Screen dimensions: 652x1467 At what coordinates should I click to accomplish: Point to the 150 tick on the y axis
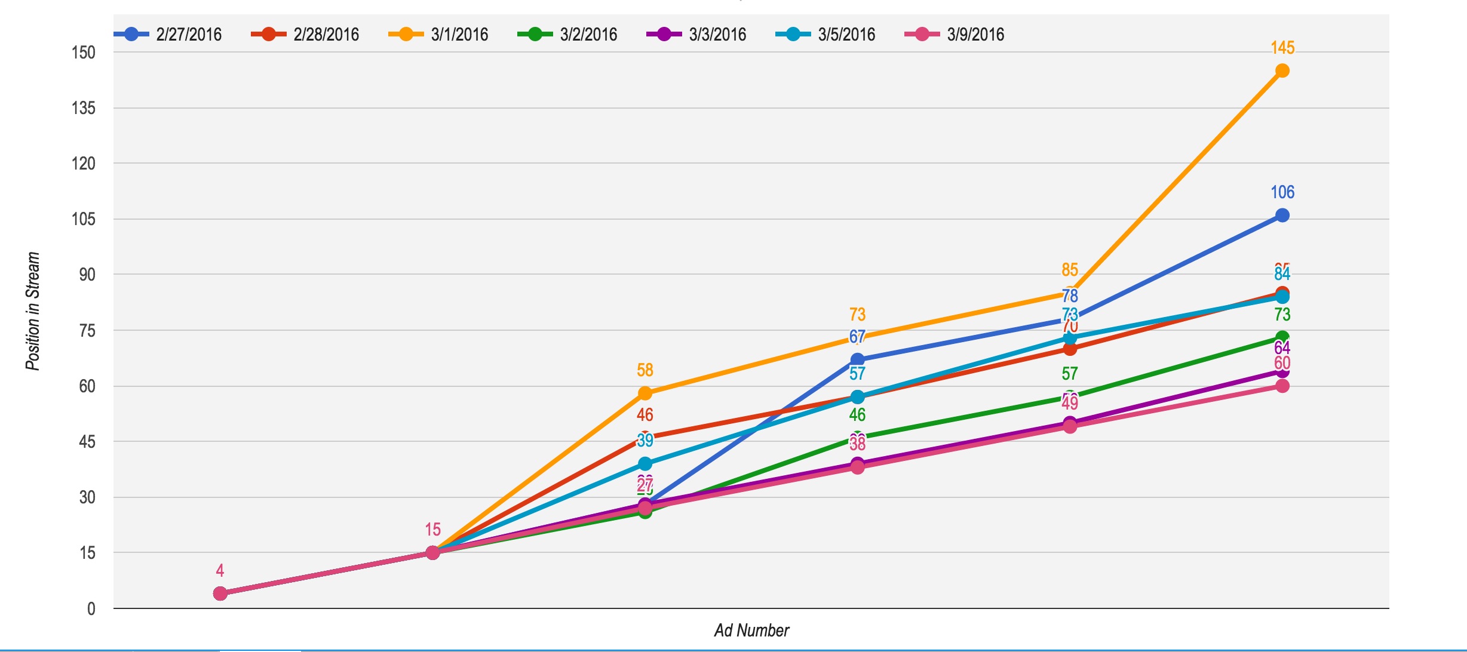(84, 53)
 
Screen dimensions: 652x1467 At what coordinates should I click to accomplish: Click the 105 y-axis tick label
(84, 219)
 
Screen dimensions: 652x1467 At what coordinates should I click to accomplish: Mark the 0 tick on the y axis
(91, 609)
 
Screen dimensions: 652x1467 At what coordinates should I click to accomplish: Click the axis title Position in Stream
(33, 311)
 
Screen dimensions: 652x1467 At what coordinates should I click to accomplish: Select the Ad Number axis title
(751, 631)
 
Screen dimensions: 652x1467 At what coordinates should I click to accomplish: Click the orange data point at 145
(1282, 71)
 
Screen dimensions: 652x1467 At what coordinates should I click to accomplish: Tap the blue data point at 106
(1282, 216)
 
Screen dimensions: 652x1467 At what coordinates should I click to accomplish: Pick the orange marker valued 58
(645, 393)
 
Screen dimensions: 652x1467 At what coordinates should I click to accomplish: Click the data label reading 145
(1282, 48)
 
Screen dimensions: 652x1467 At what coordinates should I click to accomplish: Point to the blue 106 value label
(1282, 192)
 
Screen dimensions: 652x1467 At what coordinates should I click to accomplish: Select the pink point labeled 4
(220, 593)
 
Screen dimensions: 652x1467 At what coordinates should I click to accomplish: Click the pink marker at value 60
(1282, 386)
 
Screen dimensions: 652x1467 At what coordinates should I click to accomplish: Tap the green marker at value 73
(1282, 338)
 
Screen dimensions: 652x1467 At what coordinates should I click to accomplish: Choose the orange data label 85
(1070, 270)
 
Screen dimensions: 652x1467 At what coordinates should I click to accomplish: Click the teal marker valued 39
(645, 464)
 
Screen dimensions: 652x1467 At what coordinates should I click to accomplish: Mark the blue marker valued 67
(857, 359)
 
